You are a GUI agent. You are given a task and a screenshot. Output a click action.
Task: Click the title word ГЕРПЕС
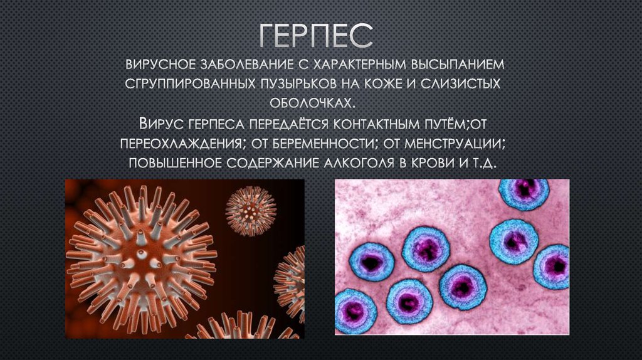pos(316,36)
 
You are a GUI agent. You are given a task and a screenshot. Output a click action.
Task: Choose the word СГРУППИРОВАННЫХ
pos(190,84)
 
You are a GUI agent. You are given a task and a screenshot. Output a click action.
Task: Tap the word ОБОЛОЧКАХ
pos(312,103)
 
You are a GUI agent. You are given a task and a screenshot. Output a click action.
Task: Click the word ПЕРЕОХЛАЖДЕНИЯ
pos(180,144)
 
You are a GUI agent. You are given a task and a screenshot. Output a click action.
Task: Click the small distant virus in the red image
pos(251,211)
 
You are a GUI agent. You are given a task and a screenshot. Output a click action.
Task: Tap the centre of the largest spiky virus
pos(142,261)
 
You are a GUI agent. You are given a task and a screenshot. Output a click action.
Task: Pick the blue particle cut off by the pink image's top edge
pos(524,193)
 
